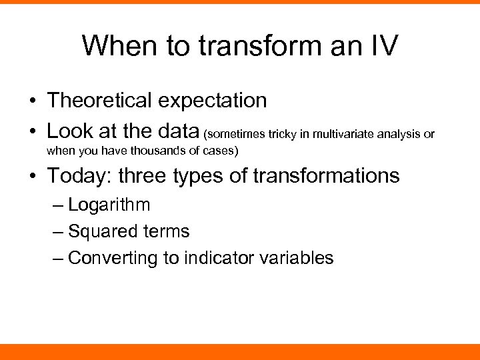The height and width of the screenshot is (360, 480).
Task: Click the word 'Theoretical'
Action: (x=99, y=101)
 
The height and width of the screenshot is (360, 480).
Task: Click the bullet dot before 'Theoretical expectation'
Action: (x=32, y=101)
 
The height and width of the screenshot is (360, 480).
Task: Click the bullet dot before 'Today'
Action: (x=32, y=177)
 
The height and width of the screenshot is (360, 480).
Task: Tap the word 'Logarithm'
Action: (x=109, y=205)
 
